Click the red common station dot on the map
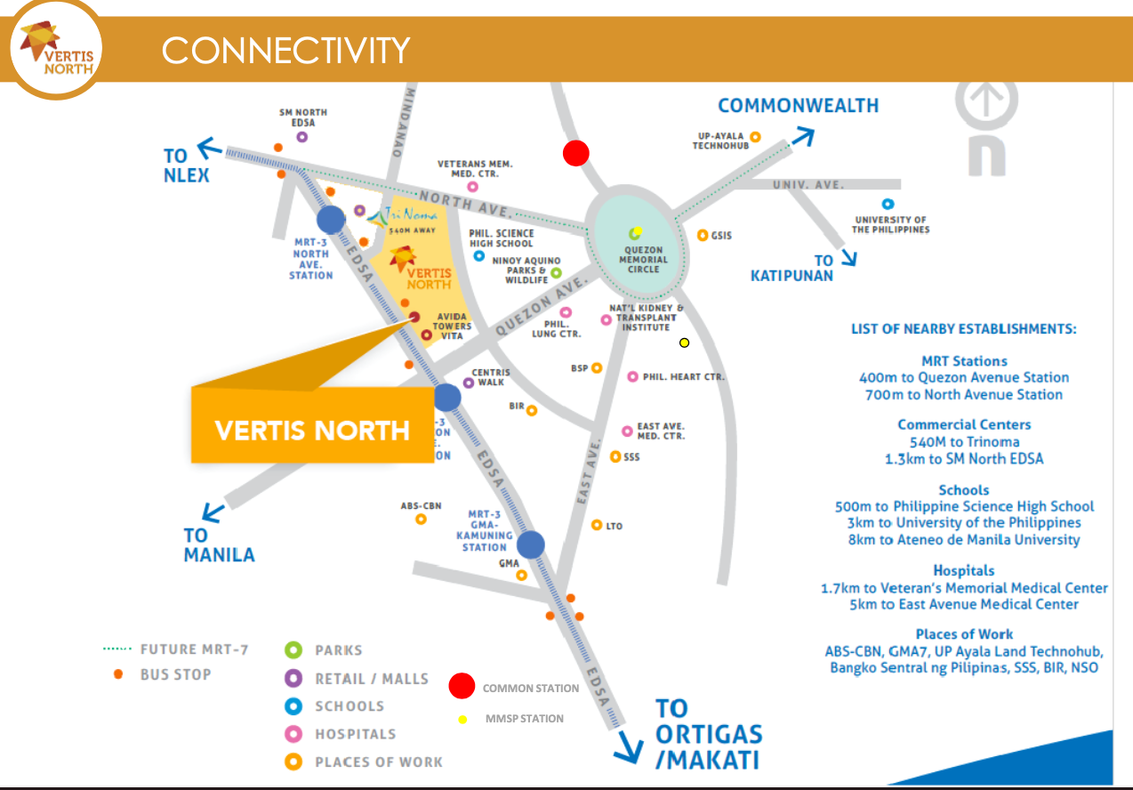tap(575, 153)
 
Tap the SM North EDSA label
tap(303, 117)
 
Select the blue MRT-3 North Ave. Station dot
tap(331, 220)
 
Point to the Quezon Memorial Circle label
tap(643, 260)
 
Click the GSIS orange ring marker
tap(703, 236)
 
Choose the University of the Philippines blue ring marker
tap(888, 204)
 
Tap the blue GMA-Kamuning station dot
tap(531, 544)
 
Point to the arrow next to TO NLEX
tap(209, 148)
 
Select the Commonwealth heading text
tap(798, 106)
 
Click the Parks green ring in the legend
tap(293, 649)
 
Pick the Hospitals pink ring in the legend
tap(293, 734)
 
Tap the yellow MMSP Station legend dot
tap(462, 719)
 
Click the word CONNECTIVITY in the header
tap(285, 50)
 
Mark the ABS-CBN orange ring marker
tap(421, 520)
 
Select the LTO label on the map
tap(614, 527)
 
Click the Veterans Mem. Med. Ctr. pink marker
tap(472, 187)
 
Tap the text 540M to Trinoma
tap(965, 442)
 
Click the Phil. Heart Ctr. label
tap(683, 377)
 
